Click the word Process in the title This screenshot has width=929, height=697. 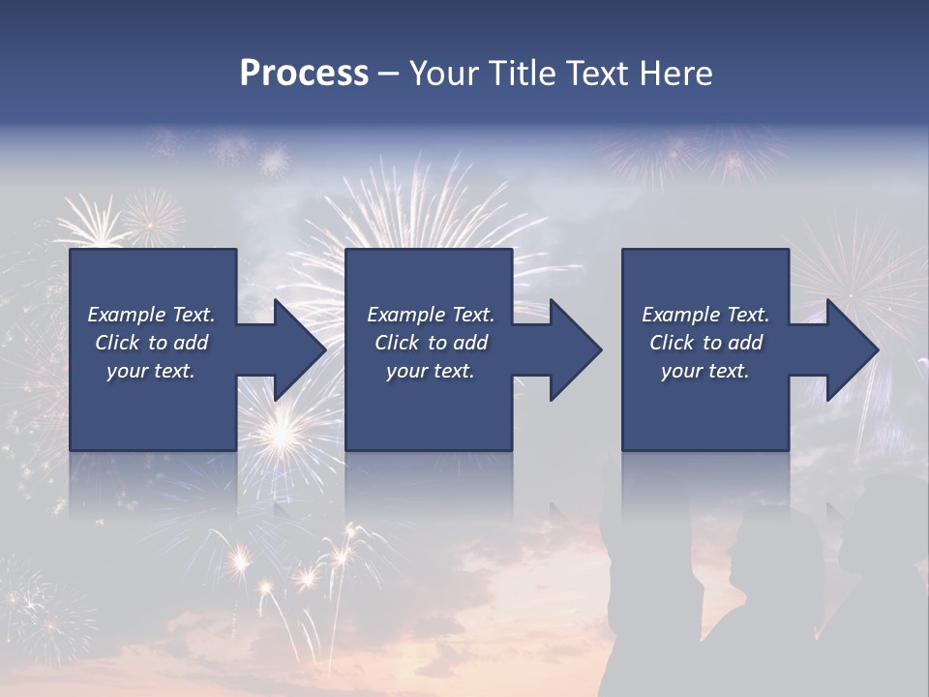(304, 74)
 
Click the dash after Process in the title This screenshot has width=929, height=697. (388, 75)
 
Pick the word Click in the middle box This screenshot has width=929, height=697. (397, 343)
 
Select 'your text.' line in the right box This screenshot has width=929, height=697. (705, 371)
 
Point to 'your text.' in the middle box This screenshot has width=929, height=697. (430, 371)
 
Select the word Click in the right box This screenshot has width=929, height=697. (672, 343)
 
